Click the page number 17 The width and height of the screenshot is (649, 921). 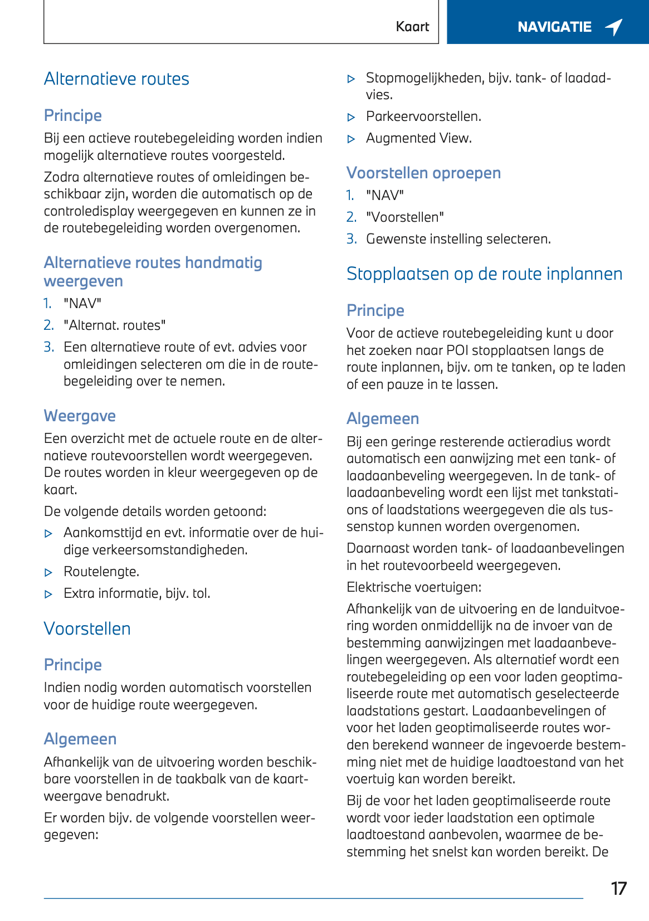click(618, 888)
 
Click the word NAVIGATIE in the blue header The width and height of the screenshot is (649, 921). click(554, 27)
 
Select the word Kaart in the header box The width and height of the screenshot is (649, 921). click(412, 27)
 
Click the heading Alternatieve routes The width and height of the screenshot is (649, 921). click(116, 79)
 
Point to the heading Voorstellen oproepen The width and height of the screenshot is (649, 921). click(423, 173)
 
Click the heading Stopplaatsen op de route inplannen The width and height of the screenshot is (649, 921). click(484, 274)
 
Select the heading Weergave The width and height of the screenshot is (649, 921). click(80, 416)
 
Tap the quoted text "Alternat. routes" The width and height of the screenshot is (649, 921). click(115, 325)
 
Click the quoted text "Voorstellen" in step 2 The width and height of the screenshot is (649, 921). click(405, 217)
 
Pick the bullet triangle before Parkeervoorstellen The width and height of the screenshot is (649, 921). click(351, 118)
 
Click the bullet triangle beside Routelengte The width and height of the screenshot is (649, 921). click(48, 573)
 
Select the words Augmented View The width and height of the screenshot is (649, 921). click(418, 138)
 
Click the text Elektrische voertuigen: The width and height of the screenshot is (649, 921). click(414, 587)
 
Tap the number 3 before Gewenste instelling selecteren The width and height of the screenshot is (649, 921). click(351, 239)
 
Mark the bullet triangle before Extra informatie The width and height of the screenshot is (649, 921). click(48, 594)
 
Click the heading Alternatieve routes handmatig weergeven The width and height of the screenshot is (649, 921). click(153, 271)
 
